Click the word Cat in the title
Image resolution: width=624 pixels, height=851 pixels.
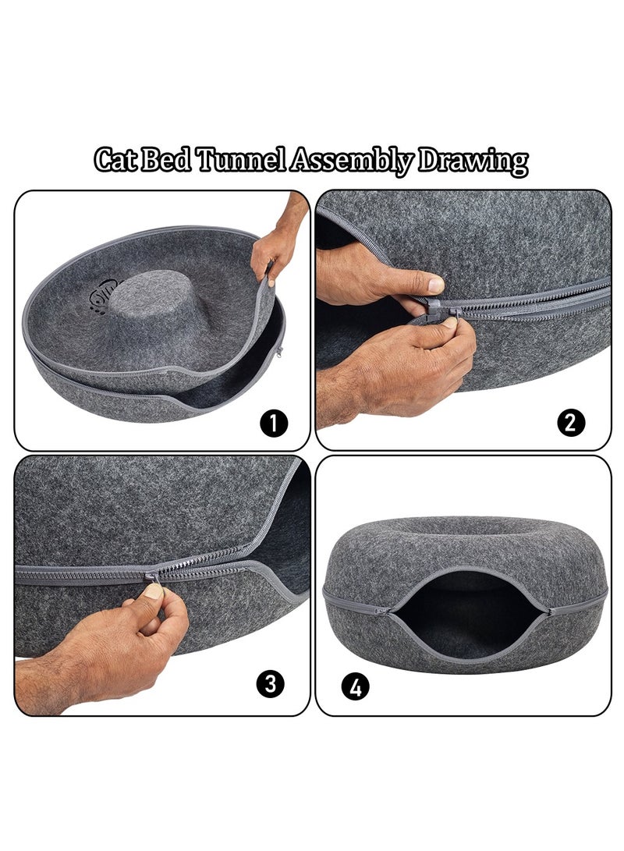[115, 160]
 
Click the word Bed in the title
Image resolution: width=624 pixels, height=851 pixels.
[166, 160]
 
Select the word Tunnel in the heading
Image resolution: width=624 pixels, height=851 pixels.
[239, 160]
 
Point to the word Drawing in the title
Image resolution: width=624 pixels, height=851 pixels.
[473, 161]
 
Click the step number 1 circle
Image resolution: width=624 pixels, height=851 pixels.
[274, 423]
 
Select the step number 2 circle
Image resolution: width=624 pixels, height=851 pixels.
[571, 422]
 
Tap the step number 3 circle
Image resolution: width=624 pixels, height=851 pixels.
[270, 683]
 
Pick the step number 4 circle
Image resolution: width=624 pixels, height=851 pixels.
[356, 687]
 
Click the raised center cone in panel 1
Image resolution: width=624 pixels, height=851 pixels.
[153, 299]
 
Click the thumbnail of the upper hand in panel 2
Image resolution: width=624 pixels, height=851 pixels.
[436, 284]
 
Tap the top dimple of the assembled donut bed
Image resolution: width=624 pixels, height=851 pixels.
[464, 529]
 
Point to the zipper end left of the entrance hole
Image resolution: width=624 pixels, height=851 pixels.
[382, 611]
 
